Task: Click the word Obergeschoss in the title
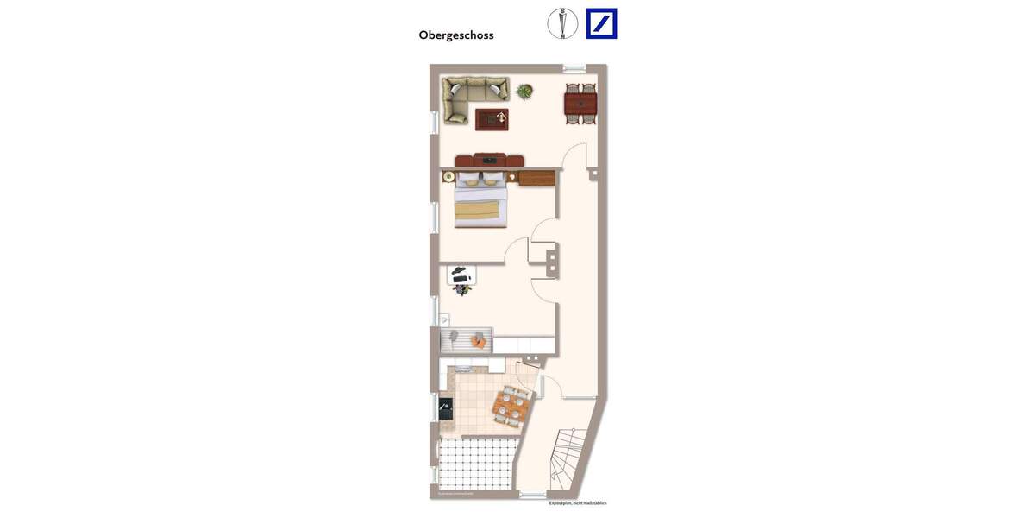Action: (456, 35)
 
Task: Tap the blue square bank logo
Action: (601, 23)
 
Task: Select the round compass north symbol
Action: (562, 23)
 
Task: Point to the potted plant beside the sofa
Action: (524, 91)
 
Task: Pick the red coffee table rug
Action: (492, 119)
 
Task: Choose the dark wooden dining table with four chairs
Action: (580, 104)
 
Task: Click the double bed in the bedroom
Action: (480, 204)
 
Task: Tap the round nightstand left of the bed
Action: (448, 176)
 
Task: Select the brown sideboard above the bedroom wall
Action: (490, 161)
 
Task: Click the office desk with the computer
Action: (461, 275)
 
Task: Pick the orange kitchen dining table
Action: (511, 406)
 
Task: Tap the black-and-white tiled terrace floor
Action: (477, 464)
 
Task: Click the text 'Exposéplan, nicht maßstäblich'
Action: (578, 503)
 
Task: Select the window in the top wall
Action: (574, 68)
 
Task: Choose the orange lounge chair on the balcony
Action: (479, 340)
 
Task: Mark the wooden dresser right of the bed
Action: (536, 178)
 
